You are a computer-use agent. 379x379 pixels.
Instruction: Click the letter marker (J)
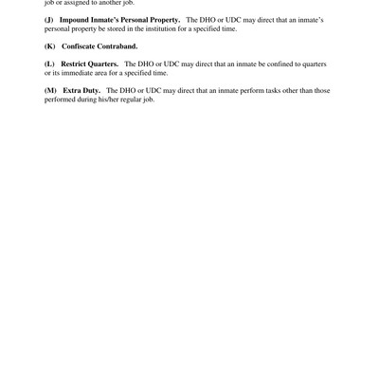tap(49, 20)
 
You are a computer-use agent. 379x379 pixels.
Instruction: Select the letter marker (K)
tap(50, 46)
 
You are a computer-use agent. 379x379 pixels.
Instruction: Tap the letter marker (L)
tap(50, 63)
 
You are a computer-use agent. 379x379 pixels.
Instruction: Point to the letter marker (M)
tap(50, 90)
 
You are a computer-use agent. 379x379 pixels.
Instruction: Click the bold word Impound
tap(75, 20)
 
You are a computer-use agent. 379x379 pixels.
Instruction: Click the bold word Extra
tap(72, 90)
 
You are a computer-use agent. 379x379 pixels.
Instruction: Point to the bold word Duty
tap(92, 90)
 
